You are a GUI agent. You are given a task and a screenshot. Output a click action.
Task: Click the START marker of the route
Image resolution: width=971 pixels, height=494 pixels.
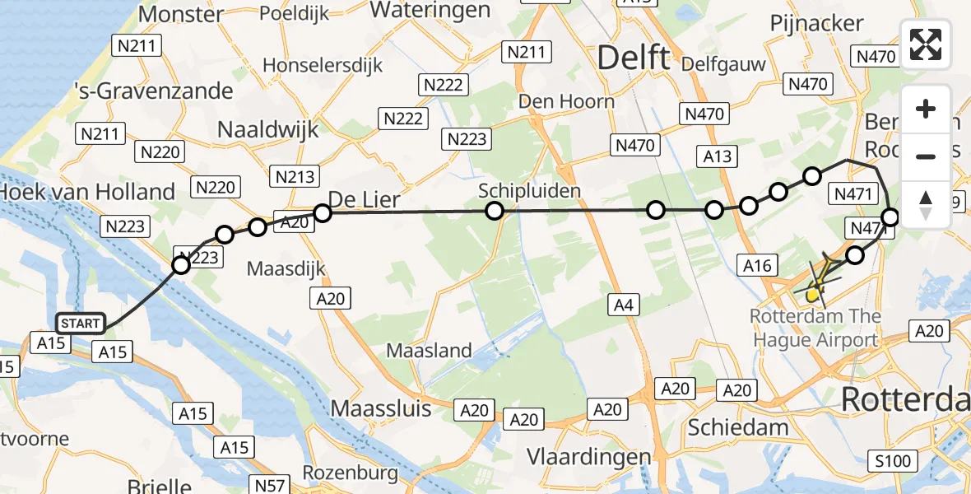tap(80, 324)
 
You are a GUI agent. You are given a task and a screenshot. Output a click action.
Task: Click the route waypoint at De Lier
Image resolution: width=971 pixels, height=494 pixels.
tap(323, 213)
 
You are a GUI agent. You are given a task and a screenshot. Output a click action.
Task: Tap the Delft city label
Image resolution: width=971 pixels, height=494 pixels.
tap(633, 58)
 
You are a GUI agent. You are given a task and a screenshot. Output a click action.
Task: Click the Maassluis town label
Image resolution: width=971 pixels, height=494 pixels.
tap(381, 408)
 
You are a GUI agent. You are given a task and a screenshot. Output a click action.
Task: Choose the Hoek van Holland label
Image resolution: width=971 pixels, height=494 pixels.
tap(87, 192)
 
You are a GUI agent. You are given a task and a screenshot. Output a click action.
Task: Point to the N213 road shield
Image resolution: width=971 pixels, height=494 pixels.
tap(294, 177)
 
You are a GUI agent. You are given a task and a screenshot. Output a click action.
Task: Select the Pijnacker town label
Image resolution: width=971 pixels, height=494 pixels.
tap(816, 24)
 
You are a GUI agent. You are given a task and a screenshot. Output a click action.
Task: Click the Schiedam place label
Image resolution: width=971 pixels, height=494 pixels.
tap(737, 426)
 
